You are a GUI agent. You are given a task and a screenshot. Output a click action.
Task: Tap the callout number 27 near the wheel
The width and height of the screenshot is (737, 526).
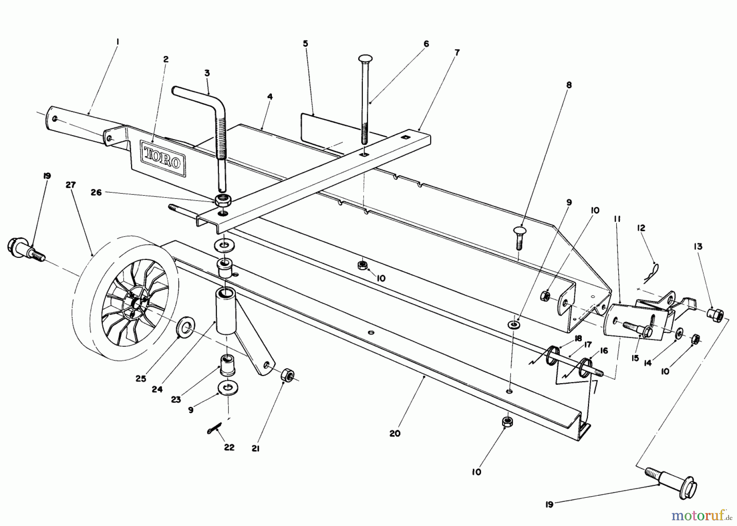tap(70, 185)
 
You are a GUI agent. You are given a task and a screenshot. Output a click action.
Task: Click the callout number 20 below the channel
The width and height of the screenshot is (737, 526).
tap(395, 433)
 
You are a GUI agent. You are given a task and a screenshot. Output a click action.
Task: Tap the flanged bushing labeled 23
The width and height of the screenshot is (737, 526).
tap(227, 364)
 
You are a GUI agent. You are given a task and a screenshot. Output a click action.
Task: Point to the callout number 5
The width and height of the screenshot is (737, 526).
tap(305, 43)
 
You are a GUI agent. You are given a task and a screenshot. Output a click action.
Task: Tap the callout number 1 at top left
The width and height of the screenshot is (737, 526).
tap(118, 41)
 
